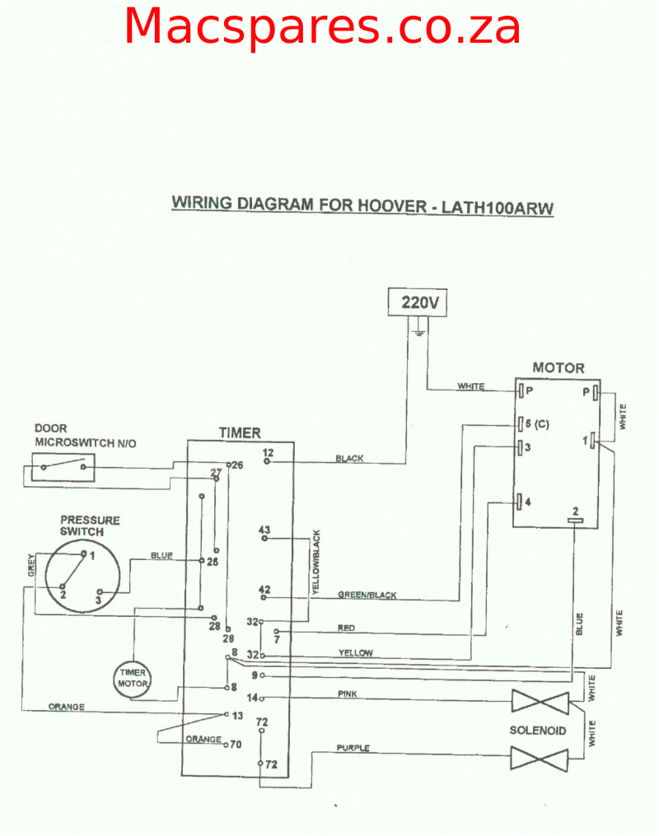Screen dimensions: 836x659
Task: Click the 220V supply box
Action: point(422,302)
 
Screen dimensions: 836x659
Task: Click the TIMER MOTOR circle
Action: point(132,677)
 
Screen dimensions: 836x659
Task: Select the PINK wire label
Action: point(348,694)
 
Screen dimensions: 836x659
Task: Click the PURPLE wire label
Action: point(353,748)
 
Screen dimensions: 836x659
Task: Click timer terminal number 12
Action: point(268,453)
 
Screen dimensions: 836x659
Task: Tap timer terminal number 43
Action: point(264,529)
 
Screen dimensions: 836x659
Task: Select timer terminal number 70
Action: point(235,744)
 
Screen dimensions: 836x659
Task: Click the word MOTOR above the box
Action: point(558,368)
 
